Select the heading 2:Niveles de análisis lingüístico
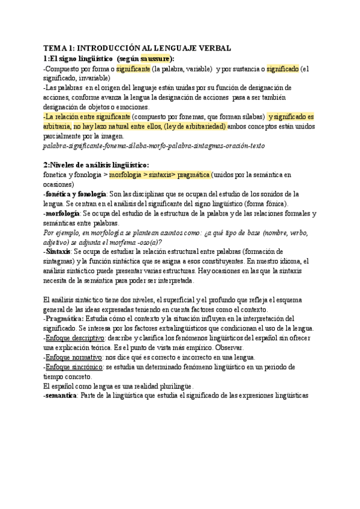[96, 165]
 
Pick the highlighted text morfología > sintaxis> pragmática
[160, 174]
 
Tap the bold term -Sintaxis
[57, 251]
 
